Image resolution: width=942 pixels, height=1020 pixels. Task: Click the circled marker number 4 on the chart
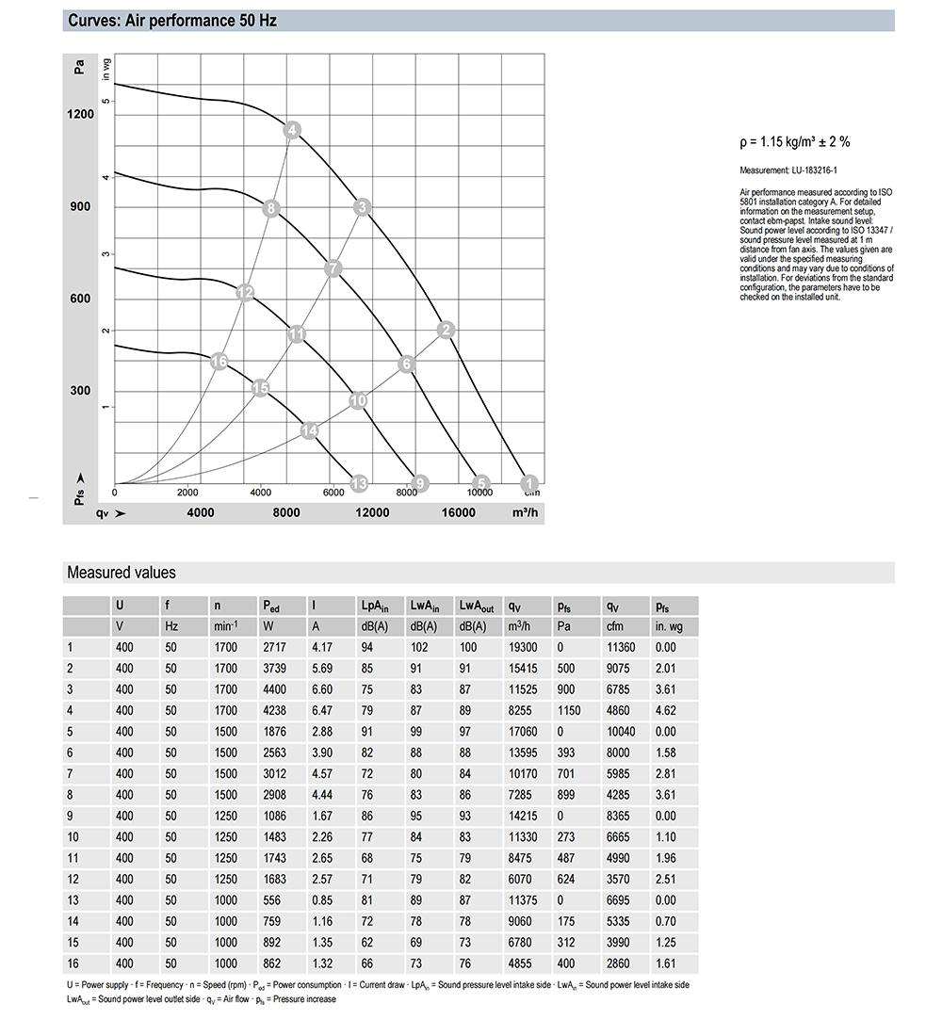click(x=293, y=131)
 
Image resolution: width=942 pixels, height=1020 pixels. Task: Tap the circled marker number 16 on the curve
click(x=219, y=362)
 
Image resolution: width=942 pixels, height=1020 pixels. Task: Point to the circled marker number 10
click(x=358, y=400)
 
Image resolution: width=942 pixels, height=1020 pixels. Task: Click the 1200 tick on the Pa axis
click(x=80, y=115)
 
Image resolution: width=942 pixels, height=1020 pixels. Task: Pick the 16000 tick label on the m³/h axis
click(x=458, y=512)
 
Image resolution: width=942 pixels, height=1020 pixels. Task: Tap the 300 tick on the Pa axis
click(x=80, y=392)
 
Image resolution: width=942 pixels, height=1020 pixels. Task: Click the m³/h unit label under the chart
click(x=525, y=512)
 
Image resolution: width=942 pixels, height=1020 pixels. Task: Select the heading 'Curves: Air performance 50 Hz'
click(x=171, y=20)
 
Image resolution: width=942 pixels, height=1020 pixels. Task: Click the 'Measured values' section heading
click(x=121, y=573)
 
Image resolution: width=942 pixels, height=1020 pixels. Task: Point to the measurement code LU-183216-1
click(x=799, y=170)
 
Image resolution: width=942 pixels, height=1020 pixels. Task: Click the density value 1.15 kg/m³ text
click(x=795, y=142)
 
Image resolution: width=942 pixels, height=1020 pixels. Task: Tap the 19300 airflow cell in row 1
click(x=523, y=647)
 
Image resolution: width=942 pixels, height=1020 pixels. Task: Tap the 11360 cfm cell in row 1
click(x=621, y=647)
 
